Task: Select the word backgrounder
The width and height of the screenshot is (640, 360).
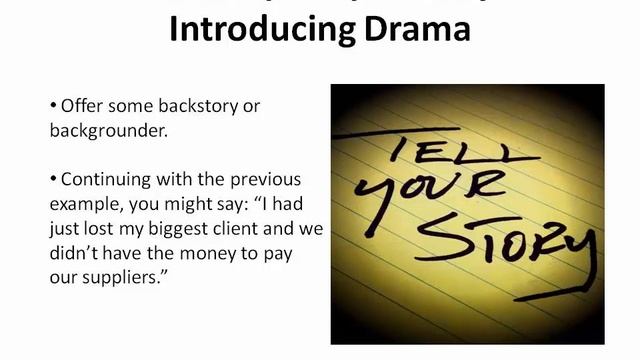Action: pyautogui.click(x=110, y=130)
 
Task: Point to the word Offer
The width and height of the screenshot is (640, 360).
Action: pyautogui.click(x=84, y=106)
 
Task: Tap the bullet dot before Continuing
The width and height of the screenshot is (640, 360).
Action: pyautogui.click(x=53, y=181)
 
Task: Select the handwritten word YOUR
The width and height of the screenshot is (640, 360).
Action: pyautogui.click(x=430, y=198)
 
